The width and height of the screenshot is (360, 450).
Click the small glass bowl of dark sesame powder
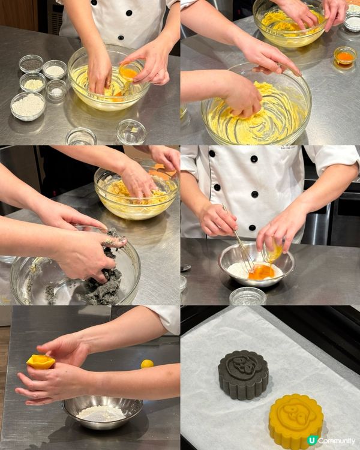[31, 64]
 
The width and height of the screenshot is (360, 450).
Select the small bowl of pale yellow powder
[33, 83]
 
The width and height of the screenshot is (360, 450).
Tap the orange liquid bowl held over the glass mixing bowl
[131, 71]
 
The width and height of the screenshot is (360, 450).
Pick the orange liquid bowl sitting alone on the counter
[345, 56]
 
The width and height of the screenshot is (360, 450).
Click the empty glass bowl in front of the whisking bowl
[248, 296]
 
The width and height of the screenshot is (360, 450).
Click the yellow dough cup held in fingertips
[41, 362]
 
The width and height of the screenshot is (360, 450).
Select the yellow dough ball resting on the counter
[147, 364]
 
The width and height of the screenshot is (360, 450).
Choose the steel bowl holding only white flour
[103, 412]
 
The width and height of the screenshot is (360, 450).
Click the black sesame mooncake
[243, 375]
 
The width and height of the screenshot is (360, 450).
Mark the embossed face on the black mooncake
[244, 364]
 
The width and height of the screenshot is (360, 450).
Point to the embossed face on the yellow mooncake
[296, 411]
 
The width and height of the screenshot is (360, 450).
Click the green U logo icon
[313, 440]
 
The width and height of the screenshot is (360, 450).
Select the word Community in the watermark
[337, 441]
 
